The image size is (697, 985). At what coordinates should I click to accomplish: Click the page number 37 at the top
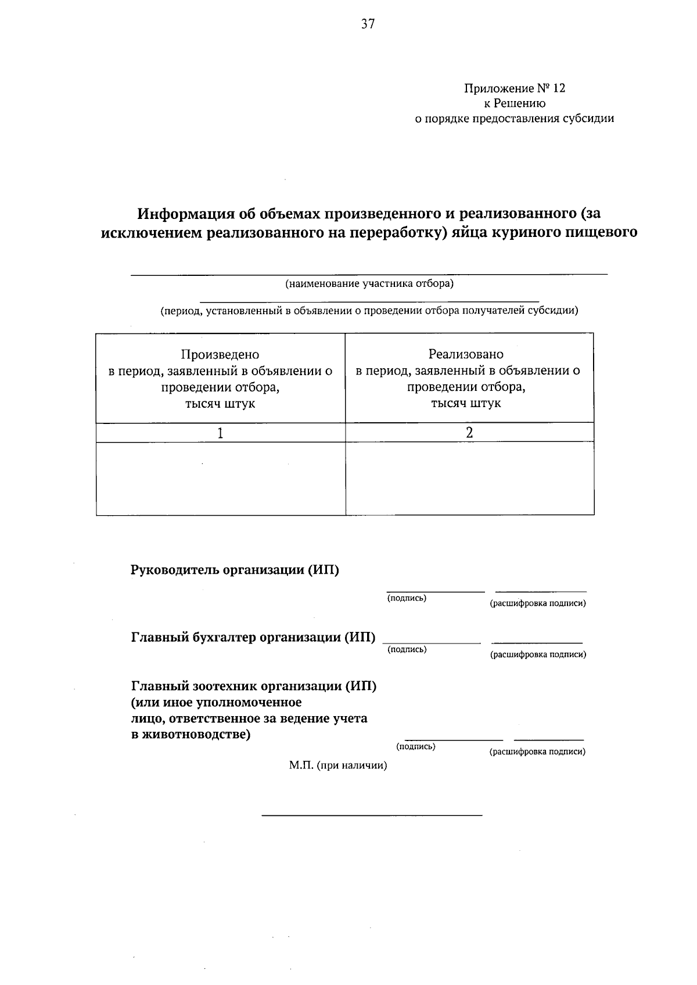368,24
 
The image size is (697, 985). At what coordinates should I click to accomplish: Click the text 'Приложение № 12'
514,88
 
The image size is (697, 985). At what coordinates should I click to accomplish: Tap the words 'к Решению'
515,103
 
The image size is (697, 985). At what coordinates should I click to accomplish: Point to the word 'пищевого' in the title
604,232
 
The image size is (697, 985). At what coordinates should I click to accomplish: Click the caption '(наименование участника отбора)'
369,284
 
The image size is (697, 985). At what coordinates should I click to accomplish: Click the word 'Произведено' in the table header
220,354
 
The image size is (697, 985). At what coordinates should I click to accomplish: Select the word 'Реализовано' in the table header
466,354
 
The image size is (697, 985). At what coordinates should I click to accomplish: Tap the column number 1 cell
220,433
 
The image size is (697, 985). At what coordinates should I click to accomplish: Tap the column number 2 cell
469,433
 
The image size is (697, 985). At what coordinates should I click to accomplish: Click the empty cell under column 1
220,479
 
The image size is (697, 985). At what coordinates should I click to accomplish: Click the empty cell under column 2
469,479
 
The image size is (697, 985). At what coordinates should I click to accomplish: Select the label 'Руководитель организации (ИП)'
235,570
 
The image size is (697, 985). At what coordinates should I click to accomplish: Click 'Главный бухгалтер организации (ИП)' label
253,638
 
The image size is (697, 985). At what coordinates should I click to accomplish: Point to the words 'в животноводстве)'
191,735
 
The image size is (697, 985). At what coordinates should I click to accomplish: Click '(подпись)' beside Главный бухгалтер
407,649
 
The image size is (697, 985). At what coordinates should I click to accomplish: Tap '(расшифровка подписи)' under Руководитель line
538,603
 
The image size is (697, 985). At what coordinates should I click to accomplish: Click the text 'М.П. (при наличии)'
338,765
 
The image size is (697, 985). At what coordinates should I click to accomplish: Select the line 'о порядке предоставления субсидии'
513,118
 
